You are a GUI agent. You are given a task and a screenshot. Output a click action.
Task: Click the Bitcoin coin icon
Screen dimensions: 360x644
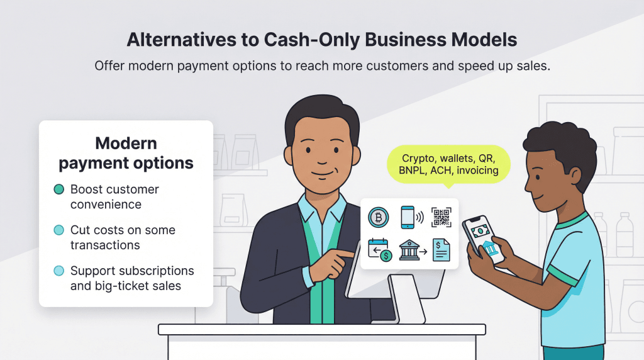(x=379, y=218)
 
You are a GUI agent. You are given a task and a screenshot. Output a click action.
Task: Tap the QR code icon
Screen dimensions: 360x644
(x=441, y=218)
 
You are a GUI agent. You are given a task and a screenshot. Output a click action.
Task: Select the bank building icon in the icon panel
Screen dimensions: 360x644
(x=409, y=251)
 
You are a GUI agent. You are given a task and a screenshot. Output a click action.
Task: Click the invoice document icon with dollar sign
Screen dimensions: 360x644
(x=441, y=251)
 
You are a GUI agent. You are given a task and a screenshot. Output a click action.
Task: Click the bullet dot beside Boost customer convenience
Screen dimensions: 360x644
(x=59, y=189)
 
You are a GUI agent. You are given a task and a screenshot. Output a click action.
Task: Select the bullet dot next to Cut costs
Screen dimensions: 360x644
(x=59, y=230)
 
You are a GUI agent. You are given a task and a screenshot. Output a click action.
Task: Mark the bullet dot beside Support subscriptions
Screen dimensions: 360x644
(x=59, y=271)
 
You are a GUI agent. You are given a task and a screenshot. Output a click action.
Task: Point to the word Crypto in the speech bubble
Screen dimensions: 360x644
(x=418, y=157)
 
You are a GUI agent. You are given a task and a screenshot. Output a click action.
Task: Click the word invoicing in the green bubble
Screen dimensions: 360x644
(x=477, y=171)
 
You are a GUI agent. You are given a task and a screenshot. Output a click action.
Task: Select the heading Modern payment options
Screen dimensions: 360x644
(x=126, y=153)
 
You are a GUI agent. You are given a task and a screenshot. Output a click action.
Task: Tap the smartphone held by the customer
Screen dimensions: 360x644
(x=484, y=240)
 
